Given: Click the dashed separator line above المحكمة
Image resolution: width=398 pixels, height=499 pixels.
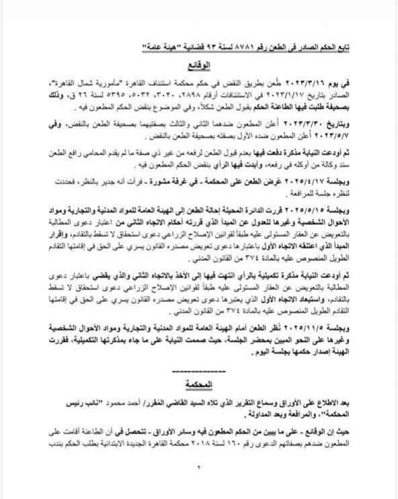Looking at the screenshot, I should (199, 370).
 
